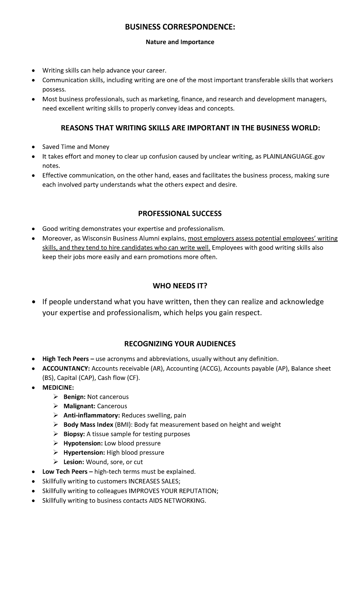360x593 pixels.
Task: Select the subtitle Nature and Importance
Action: [x=180, y=42]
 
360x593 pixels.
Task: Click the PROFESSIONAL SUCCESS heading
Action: [x=180, y=214]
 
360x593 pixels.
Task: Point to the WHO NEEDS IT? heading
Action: [x=180, y=286]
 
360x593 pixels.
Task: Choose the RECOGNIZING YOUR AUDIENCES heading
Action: [x=180, y=344]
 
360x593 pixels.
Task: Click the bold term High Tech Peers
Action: [x=65, y=359]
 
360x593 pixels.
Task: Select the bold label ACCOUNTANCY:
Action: [x=66, y=368]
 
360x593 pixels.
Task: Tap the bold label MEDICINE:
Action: [x=58, y=387]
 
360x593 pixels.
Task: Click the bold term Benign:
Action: [x=74, y=397]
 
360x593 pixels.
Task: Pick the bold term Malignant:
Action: [x=79, y=406]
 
